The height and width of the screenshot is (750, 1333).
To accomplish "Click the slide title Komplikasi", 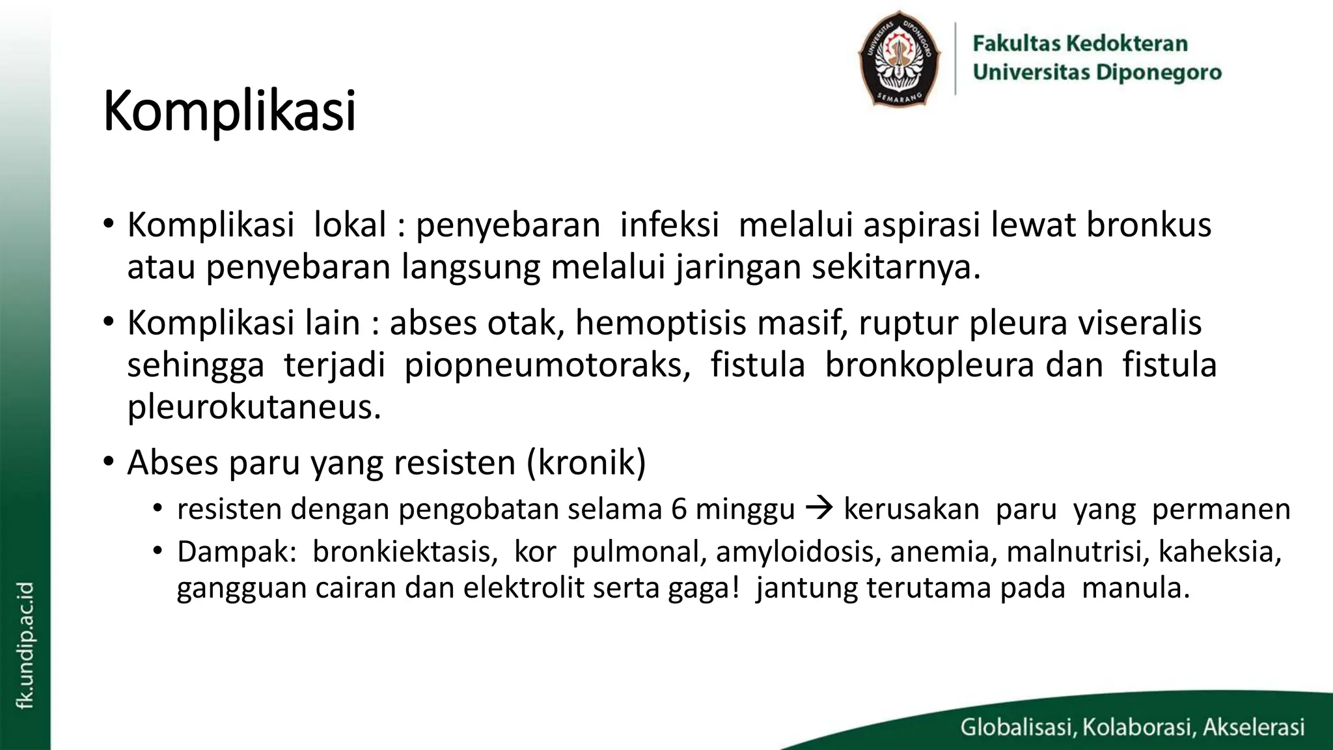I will [x=229, y=111].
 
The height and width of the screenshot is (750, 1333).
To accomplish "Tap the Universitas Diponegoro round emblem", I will [x=899, y=59].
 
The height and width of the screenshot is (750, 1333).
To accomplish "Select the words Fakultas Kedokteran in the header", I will [x=1080, y=44].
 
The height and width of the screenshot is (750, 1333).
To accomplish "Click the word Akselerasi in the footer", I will [x=1254, y=727].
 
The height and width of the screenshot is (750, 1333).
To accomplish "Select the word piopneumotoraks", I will [x=547, y=365].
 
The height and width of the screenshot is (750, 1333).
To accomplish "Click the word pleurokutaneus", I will [x=253, y=407].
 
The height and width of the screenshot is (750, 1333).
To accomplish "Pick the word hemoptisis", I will [x=660, y=323].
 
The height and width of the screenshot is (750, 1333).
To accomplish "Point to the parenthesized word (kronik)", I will [x=586, y=463].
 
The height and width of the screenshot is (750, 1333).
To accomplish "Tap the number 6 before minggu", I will [x=679, y=509].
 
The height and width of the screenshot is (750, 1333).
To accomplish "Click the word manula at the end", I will [x=1134, y=588].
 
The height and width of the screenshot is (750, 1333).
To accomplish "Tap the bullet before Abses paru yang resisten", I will [x=108, y=462].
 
